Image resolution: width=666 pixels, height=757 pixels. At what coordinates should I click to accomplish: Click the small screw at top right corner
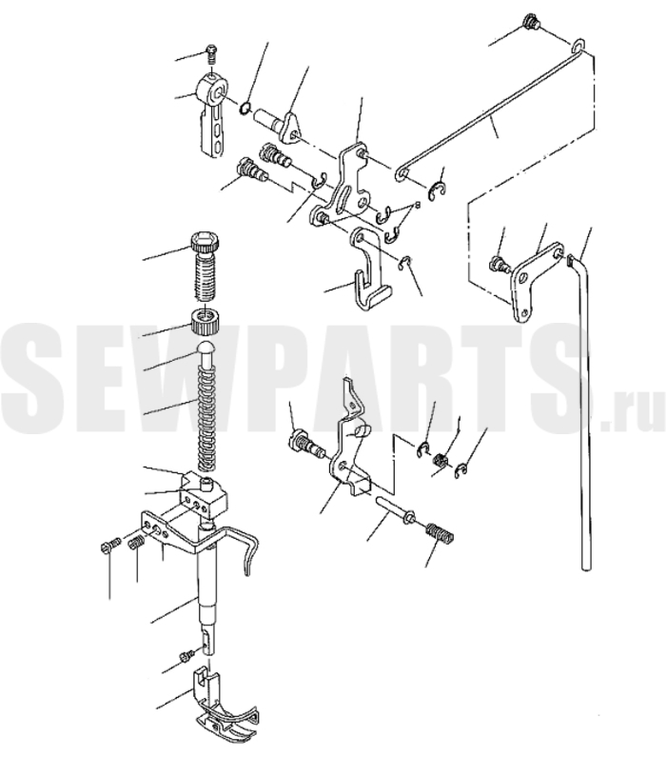[x=532, y=23]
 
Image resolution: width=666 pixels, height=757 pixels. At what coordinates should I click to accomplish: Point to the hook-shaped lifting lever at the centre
[x=368, y=269]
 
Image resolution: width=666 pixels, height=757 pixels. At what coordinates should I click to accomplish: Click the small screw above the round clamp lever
[x=211, y=54]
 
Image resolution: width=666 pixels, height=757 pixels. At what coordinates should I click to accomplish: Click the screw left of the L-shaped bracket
[x=499, y=264]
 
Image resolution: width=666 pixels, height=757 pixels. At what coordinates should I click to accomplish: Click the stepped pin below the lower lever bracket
[x=394, y=509]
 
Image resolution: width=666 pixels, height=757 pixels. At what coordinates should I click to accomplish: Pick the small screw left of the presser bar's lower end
[x=186, y=655]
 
